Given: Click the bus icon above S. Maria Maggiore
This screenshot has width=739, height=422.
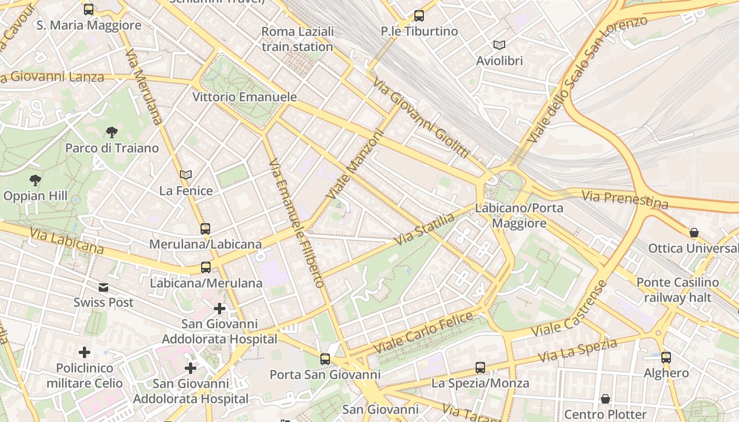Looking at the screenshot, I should click(89, 9).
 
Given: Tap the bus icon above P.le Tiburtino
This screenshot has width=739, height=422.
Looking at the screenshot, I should click(419, 16).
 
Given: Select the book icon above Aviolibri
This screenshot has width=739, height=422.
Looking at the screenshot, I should click(499, 45).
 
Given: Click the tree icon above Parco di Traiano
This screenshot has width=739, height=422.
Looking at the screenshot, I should click(111, 132).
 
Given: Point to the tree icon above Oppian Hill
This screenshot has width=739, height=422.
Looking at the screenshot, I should click(35, 180).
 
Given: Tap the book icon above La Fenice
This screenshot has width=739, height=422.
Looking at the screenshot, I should click(186, 175).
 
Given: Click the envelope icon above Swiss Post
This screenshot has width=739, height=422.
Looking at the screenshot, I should click(103, 287).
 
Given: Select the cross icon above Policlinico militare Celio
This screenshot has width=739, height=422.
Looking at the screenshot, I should click(84, 352).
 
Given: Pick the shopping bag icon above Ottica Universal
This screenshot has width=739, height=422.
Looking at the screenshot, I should click(694, 233).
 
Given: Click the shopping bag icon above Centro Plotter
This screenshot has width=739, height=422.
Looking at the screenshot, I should click(605, 399).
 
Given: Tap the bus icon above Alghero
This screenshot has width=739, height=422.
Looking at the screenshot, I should click(666, 358).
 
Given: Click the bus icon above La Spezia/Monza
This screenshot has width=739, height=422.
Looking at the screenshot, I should click(480, 368).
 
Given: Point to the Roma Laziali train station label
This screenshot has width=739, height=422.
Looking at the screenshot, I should click(298, 39).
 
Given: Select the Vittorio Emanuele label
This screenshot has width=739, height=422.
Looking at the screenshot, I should click(244, 97).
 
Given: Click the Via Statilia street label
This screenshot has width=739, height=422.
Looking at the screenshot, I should click(425, 229).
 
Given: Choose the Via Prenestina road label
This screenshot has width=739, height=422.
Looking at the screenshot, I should click(624, 199).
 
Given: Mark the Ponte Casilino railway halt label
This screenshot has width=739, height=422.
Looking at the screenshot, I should click(678, 290).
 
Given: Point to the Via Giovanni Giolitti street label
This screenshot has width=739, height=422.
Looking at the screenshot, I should click(420, 118).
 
